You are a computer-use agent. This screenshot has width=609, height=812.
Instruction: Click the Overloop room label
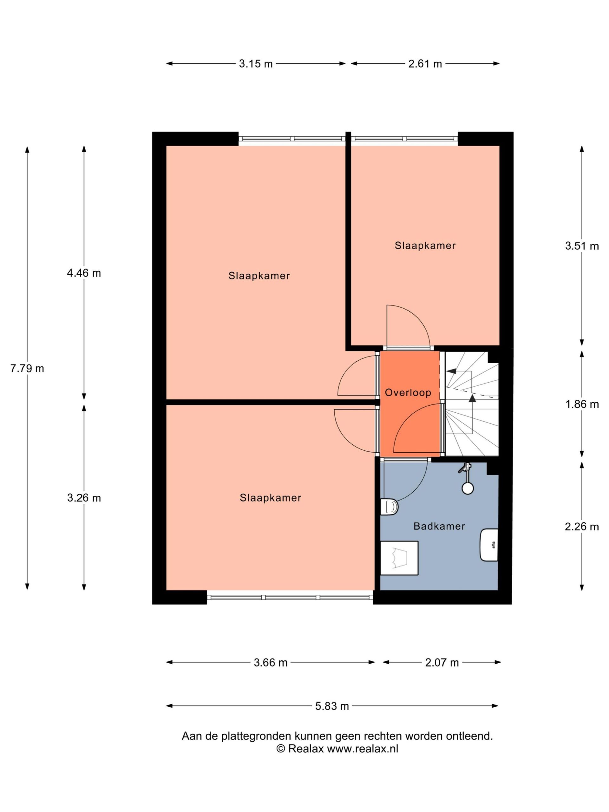[408, 393]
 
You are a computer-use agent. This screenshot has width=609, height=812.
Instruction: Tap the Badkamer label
[439, 527]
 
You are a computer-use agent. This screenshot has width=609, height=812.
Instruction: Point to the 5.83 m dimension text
[332, 706]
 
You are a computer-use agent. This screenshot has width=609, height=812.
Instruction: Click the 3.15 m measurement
[256, 64]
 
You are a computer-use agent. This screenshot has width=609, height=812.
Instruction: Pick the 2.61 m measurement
[425, 64]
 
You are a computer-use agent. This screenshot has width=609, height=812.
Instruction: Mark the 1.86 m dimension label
[582, 404]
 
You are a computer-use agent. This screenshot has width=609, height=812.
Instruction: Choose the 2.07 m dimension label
[442, 663]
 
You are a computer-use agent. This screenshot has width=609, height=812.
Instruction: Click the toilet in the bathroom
[389, 507]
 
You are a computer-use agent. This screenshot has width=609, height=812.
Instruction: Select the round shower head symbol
[468, 488]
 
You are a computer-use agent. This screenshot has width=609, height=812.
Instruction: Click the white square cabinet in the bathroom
[399, 558]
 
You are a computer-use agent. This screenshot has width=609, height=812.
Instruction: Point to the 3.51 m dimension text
[582, 246]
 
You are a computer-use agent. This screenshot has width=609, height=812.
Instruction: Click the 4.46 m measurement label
[84, 273]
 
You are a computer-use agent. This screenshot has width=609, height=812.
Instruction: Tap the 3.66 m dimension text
[271, 663]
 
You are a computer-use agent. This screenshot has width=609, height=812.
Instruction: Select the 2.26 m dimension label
[582, 527]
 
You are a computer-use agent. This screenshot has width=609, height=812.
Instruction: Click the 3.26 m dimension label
[84, 498]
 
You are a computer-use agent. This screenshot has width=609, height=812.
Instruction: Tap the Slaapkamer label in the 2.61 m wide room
[425, 246]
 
